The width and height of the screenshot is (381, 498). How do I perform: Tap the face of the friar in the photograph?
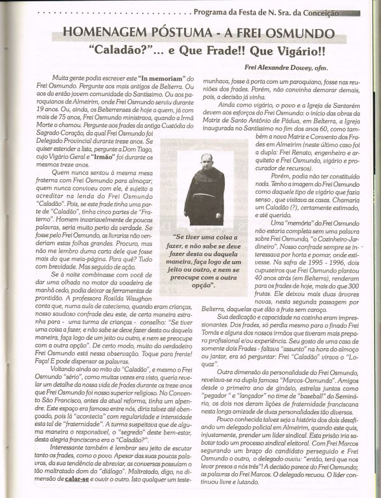(207, 161)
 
